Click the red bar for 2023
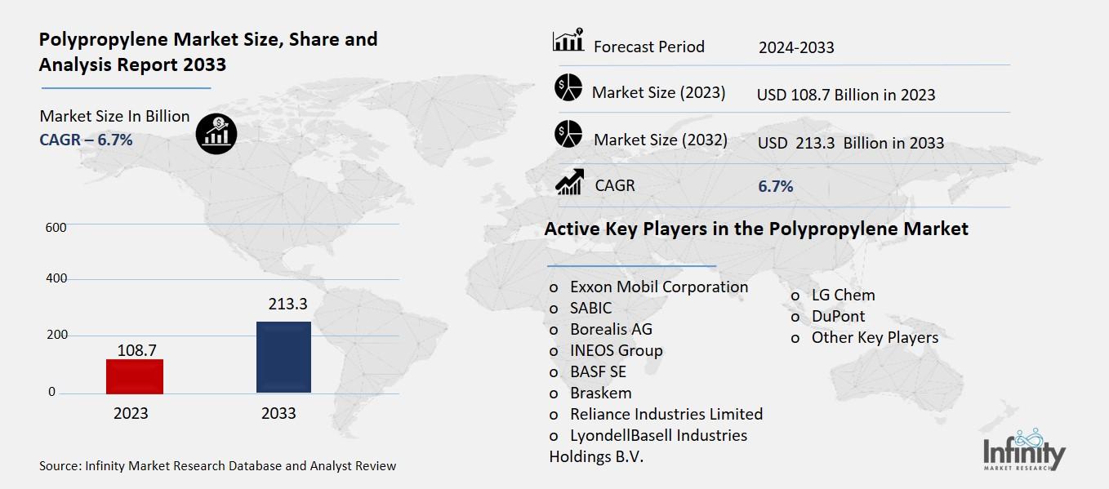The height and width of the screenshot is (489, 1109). pos(135,376)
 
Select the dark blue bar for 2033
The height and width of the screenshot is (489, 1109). pos(283,357)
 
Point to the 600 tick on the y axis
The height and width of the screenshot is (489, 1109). pos(56,227)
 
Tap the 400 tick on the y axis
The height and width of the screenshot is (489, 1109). pos(56,279)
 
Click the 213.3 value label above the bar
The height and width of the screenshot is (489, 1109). pos(287,305)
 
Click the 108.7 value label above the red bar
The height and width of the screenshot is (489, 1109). pos(136,349)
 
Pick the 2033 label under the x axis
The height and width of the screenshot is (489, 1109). pos(278,413)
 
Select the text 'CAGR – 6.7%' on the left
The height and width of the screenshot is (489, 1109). pos(86,140)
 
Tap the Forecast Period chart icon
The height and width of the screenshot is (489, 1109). pos(568,41)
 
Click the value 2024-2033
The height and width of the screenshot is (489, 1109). pos(795,47)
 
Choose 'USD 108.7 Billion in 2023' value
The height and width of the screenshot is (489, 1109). pos(845,95)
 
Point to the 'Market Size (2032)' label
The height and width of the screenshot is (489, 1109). pos(660,140)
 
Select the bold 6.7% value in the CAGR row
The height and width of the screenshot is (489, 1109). pos(775,186)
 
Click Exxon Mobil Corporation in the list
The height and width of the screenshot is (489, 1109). pos(658,287)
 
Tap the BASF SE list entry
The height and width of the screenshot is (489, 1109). pos(598,371)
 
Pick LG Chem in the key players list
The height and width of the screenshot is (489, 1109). pos(842,295)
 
